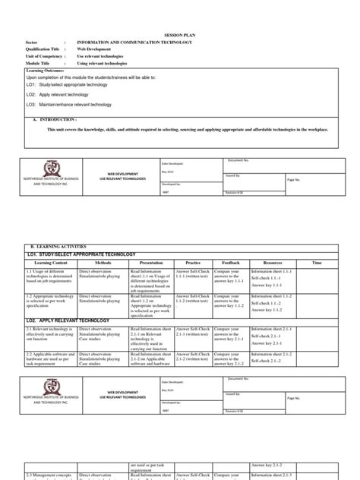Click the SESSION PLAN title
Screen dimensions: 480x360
pyautogui.click(x=181, y=36)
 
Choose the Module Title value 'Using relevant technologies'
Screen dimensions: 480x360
pyautogui.click(x=103, y=64)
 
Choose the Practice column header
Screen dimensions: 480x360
pyautogui.click(x=197, y=262)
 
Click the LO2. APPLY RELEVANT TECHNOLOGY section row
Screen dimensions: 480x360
pyautogui.click(x=68, y=321)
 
